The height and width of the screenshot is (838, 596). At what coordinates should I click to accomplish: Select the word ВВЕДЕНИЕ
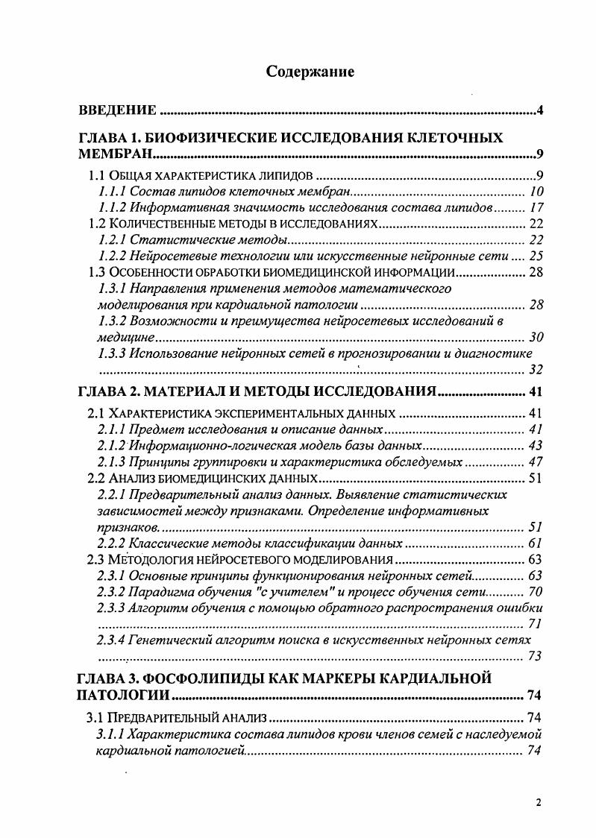[x=118, y=111]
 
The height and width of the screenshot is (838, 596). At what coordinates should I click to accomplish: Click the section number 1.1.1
[x=113, y=192]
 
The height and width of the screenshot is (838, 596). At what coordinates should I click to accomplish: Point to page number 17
[x=534, y=208]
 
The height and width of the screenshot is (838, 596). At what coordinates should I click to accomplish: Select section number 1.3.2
[x=113, y=321]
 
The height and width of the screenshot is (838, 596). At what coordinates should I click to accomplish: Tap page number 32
[x=534, y=369]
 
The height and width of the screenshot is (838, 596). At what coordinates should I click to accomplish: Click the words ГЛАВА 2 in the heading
[x=107, y=392]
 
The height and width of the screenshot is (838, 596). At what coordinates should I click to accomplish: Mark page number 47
[x=534, y=461]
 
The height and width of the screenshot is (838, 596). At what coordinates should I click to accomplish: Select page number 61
[x=534, y=543]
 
